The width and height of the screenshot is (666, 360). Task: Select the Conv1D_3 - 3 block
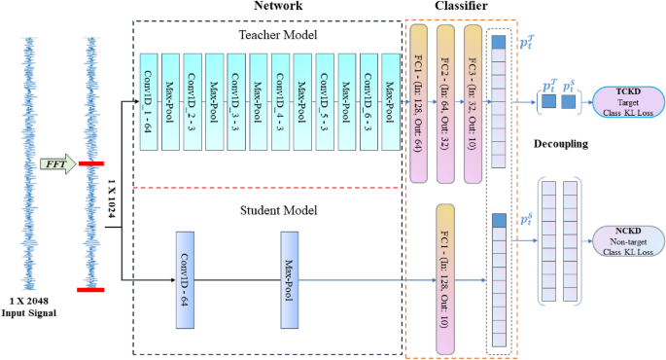pyautogui.click(x=236, y=102)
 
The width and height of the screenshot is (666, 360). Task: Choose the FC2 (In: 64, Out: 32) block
pyautogui.click(x=445, y=104)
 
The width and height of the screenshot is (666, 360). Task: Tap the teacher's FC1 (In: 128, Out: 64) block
pyautogui.click(x=419, y=104)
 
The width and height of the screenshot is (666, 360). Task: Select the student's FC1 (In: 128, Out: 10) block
pyautogui.click(x=446, y=279)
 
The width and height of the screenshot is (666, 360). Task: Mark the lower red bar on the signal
pyautogui.click(x=91, y=289)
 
